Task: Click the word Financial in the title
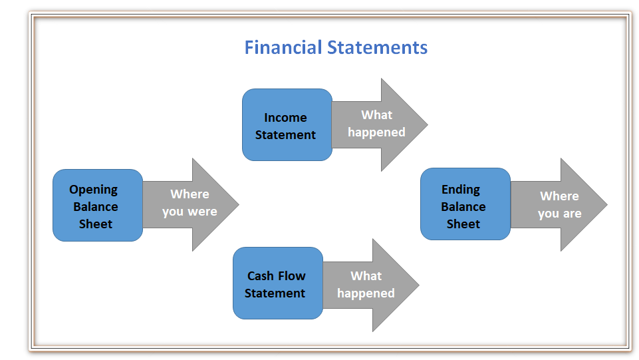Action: [283, 47]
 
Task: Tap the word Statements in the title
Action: [378, 47]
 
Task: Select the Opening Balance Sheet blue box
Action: [98, 205]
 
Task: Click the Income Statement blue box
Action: [287, 124]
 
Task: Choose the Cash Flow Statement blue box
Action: [278, 283]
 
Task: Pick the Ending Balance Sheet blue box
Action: [465, 204]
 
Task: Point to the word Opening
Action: [93, 190]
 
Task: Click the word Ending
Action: [461, 190]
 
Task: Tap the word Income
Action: [285, 117]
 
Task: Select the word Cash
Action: [261, 276]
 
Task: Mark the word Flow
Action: [292, 276]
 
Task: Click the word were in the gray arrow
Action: [203, 212]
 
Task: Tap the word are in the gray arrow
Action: [572, 214]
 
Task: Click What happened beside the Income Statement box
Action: [376, 124]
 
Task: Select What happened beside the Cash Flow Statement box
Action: [366, 285]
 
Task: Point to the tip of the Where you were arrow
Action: [239, 205]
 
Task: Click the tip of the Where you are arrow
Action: [607, 205]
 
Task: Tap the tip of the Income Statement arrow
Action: [428, 124]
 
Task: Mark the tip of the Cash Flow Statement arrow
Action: [419, 285]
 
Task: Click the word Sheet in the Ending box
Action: [463, 224]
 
